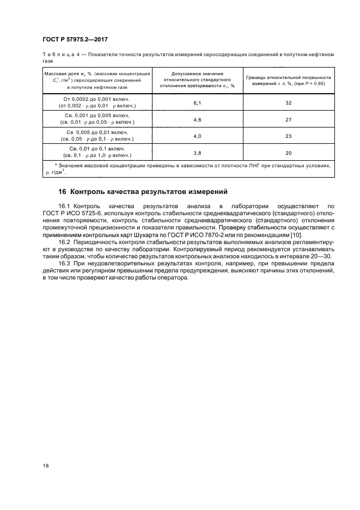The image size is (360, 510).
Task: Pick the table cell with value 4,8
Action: pyautogui.click(x=197, y=119)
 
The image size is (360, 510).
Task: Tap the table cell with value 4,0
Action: pyautogui.click(x=197, y=136)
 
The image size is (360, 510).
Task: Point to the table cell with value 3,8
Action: pyautogui.click(x=197, y=153)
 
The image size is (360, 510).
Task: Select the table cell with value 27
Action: pyautogui.click(x=289, y=119)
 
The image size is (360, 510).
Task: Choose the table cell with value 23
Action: pyautogui.click(x=289, y=136)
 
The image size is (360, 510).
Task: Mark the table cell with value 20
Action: pyautogui.click(x=289, y=153)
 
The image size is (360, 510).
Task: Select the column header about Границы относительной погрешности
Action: pyautogui.click(x=289, y=81)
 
